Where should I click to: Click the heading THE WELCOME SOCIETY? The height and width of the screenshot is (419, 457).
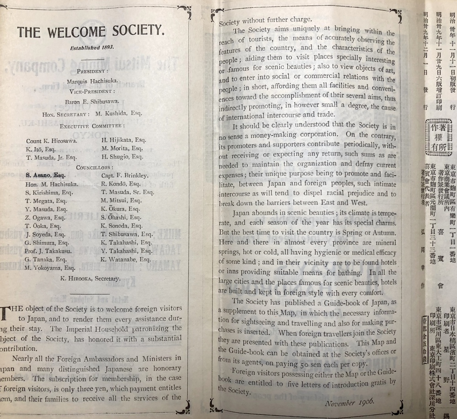90,32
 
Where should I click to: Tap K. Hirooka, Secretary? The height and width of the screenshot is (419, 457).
91,278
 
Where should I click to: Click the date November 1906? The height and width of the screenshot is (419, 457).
350,402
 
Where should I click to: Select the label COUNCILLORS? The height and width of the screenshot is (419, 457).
93,168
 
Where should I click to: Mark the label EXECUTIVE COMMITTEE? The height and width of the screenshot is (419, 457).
92,125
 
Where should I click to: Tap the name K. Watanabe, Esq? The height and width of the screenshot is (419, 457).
125,259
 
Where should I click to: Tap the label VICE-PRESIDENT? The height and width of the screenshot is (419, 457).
93,91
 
